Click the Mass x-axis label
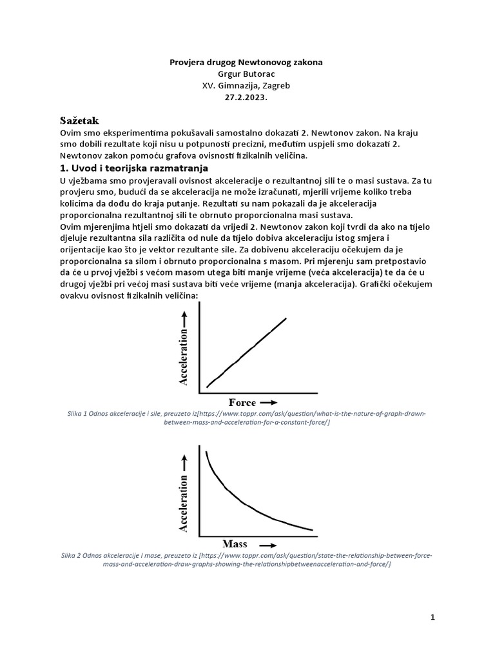tap(235, 543)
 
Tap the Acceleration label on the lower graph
tap(184, 504)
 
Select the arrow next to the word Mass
tap(271, 544)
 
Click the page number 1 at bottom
tap(433, 617)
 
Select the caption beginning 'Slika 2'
tap(247, 559)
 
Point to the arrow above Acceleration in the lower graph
tap(184, 462)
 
